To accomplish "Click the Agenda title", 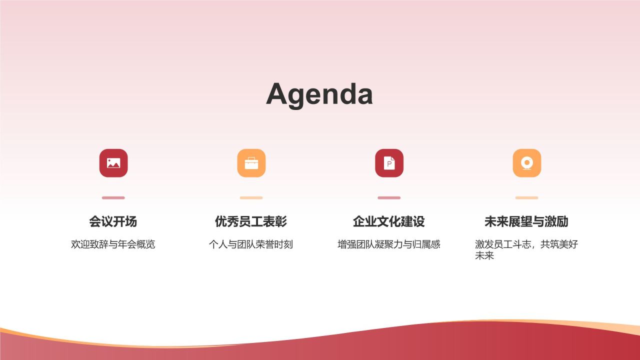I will coord(319,94).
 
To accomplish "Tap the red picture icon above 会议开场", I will coord(113,163).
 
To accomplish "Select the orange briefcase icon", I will coord(251,163).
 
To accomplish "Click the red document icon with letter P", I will coord(389,163).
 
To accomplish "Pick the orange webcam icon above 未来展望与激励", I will coord(526,163).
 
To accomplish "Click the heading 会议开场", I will coord(113,221).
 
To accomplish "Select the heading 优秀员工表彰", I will coord(251,221).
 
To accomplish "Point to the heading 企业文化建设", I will coord(389,221).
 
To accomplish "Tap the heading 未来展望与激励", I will coord(526,221).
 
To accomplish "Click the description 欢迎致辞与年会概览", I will coord(113,244).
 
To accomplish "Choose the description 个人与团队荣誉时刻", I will coord(251,244).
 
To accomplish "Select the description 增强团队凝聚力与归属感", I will coord(389,244).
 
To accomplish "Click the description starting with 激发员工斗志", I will coord(526,244).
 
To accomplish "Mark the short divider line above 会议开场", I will coord(113,197).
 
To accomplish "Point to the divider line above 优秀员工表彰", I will coord(251,197).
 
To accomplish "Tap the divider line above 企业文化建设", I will coord(389,197).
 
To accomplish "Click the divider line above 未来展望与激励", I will coord(526,197).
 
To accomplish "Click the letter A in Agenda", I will coord(276,94).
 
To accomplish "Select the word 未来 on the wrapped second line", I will coord(484,256).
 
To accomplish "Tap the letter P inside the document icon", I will coord(389,163).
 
